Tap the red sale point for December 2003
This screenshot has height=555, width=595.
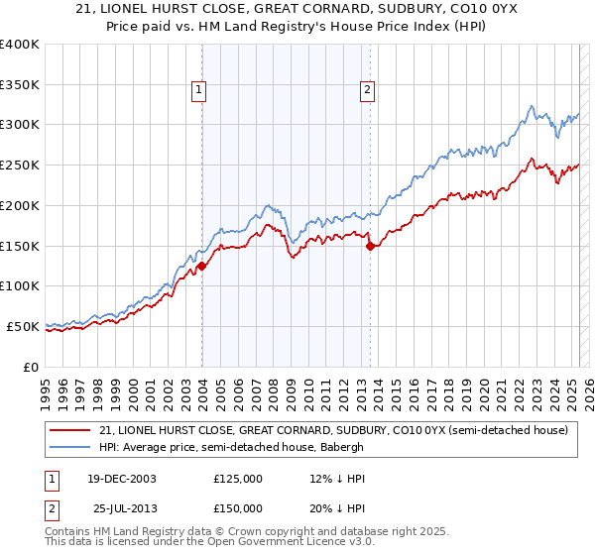click(202, 266)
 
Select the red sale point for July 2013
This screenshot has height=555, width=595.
click(370, 246)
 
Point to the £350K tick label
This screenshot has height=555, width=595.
click(20, 85)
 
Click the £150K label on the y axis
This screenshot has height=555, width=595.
click(20, 246)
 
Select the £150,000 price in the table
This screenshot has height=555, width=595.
click(238, 507)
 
